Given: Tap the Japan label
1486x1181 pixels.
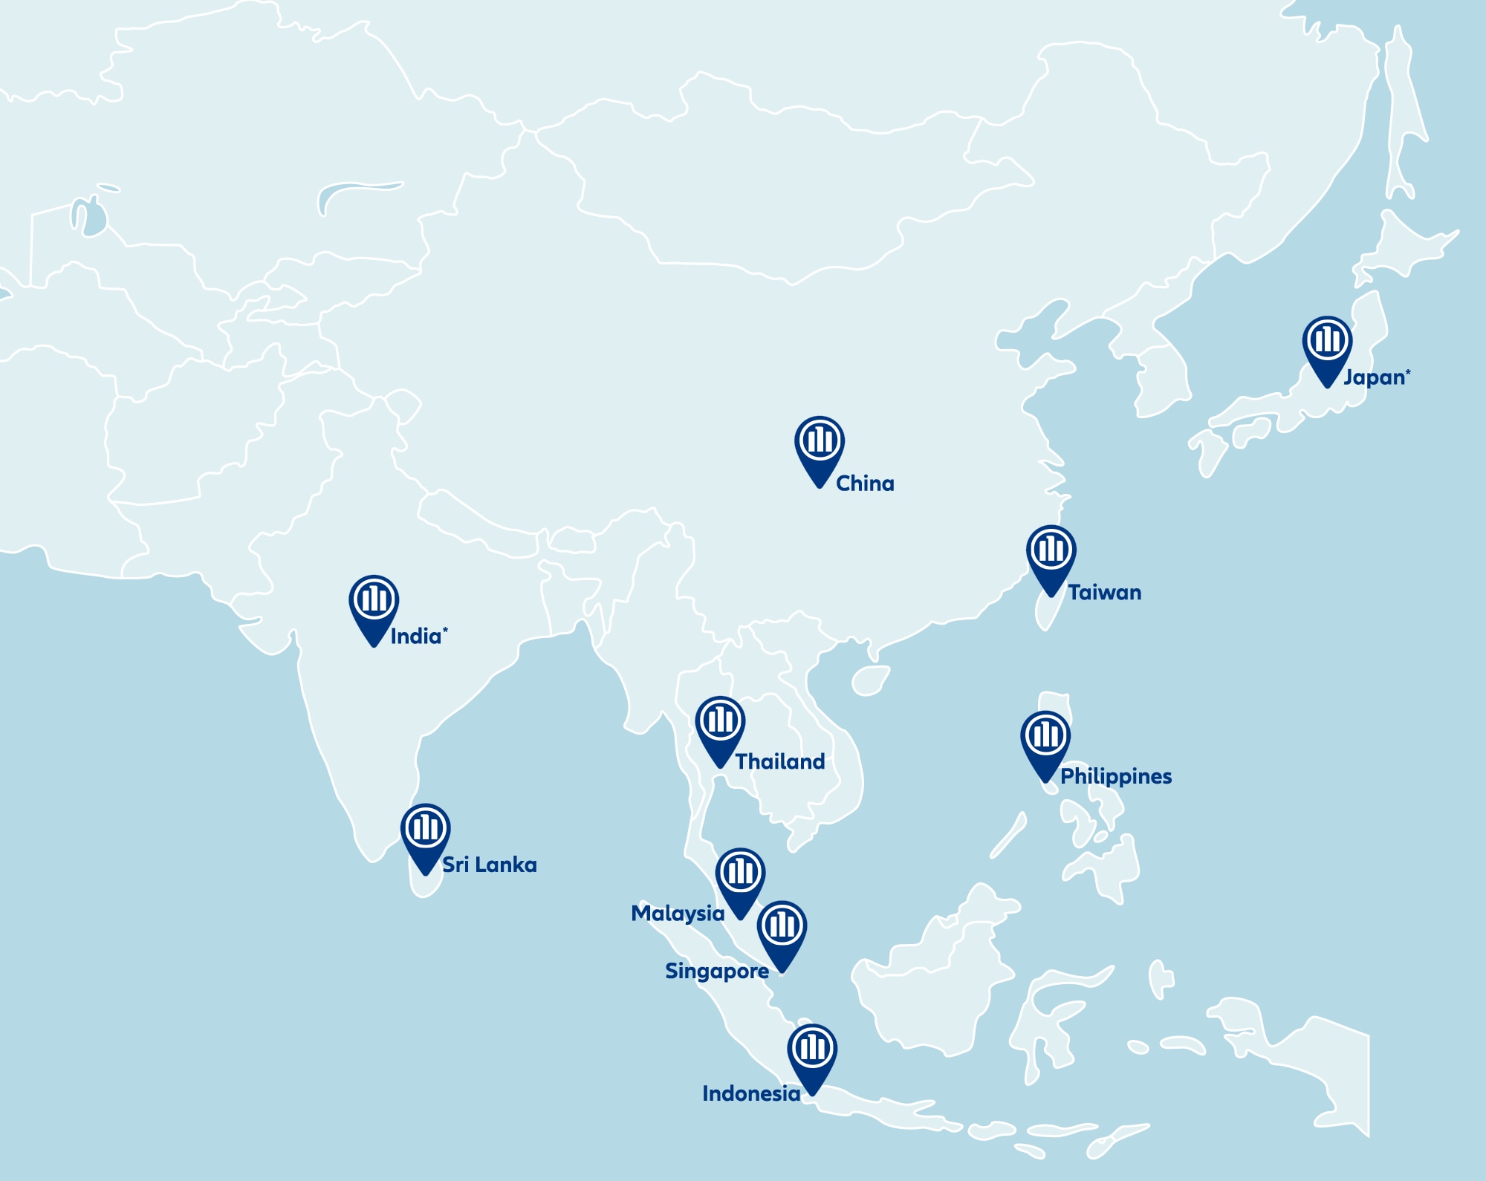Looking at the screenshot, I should [x=1375, y=377].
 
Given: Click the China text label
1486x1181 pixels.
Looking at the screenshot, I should [x=865, y=484].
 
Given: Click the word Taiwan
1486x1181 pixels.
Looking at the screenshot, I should [x=1105, y=593].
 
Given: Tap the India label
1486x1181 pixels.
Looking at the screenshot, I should [x=416, y=637].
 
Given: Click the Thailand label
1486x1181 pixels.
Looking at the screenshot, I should [x=780, y=762].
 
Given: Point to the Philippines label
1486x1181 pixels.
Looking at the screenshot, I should [x=1116, y=777].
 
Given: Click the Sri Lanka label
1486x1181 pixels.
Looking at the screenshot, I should [x=490, y=865].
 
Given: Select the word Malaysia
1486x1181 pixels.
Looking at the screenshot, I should [x=678, y=914].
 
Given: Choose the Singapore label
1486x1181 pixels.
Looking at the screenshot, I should [x=717, y=972].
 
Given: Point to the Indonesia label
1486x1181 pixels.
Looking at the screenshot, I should [x=751, y=1094].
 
